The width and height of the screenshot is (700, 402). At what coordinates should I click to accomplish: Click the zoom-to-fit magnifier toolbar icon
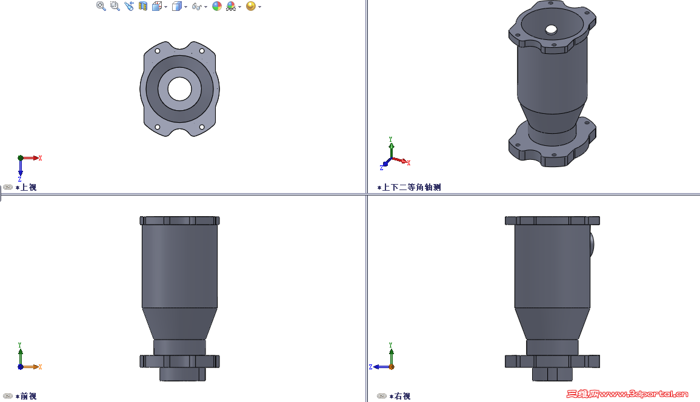click(101, 6)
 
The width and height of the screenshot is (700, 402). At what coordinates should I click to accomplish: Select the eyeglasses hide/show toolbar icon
click(196, 7)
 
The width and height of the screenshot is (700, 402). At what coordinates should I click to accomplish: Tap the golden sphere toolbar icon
click(250, 6)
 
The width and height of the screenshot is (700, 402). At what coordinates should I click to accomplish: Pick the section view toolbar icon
click(143, 6)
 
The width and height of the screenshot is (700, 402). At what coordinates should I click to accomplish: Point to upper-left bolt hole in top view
click(158, 51)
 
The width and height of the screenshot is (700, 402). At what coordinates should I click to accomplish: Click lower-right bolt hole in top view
click(202, 127)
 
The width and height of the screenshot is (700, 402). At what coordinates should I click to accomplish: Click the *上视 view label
click(26, 188)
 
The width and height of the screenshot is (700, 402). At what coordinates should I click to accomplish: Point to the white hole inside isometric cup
click(551, 29)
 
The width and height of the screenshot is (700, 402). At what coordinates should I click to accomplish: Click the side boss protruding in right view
click(592, 243)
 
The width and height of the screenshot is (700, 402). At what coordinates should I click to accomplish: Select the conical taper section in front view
click(179, 324)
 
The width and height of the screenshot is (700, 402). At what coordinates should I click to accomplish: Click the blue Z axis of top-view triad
click(20, 169)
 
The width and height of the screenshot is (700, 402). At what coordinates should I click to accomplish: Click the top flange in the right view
click(552, 220)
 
